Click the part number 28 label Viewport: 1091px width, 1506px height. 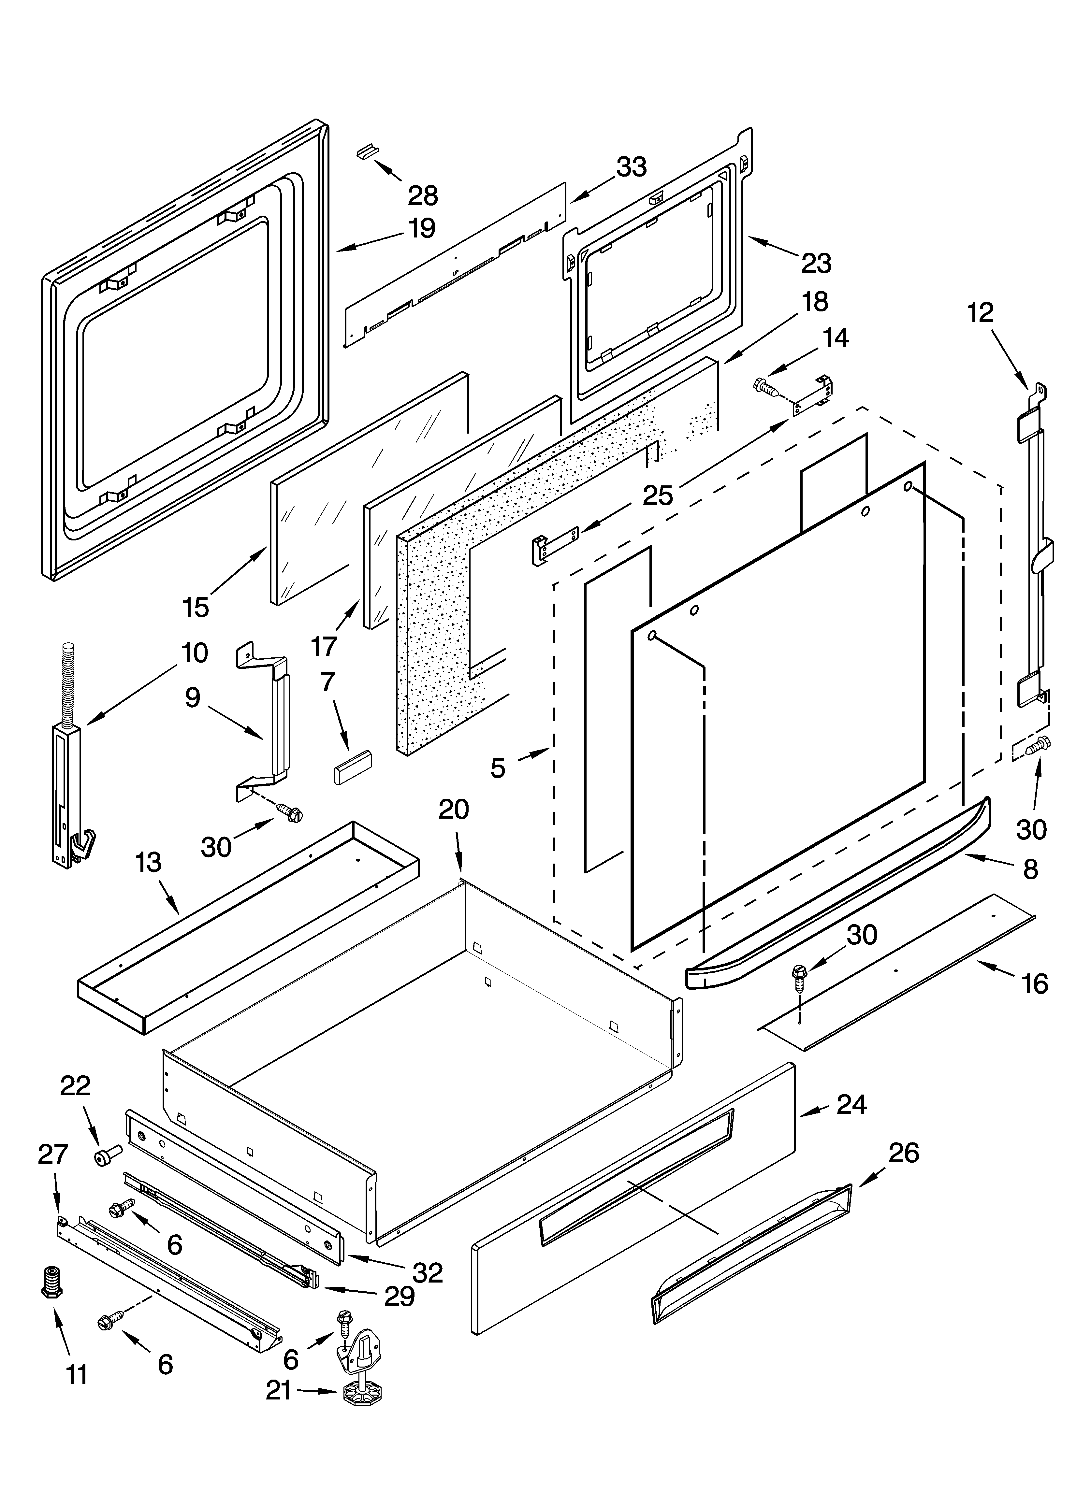pos(423,196)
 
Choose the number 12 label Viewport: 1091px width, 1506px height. pos(980,312)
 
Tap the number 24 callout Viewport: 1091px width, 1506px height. pos(852,1104)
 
